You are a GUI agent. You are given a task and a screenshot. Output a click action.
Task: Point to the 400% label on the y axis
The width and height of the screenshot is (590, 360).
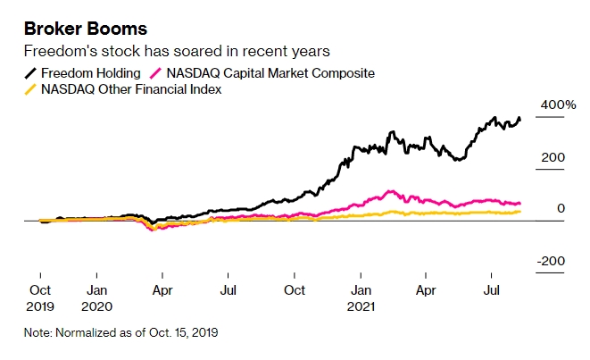tap(558, 105)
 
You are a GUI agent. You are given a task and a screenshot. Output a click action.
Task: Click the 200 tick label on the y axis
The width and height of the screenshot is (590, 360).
tap(553, 157)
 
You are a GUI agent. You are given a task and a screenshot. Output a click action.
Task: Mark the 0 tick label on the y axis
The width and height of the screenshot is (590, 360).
tap(561, 208)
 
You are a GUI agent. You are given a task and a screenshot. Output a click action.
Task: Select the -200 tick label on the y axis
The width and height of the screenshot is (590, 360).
tap(551, 260)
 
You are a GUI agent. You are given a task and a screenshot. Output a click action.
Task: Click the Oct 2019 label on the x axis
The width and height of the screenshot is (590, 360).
tap(41, 297)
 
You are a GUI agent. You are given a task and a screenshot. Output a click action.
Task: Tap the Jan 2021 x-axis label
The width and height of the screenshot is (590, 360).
tap(361, 297)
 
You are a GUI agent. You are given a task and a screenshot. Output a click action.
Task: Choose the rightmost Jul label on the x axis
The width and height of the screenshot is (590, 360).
tap(490, 290)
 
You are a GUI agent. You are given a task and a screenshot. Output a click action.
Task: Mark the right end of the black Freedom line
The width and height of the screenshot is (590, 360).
tap(521, 119)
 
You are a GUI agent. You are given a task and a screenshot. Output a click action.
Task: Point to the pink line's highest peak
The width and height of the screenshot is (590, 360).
tap(388, 190)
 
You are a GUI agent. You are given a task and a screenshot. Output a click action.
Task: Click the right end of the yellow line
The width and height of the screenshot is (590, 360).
tap(521, 211)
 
